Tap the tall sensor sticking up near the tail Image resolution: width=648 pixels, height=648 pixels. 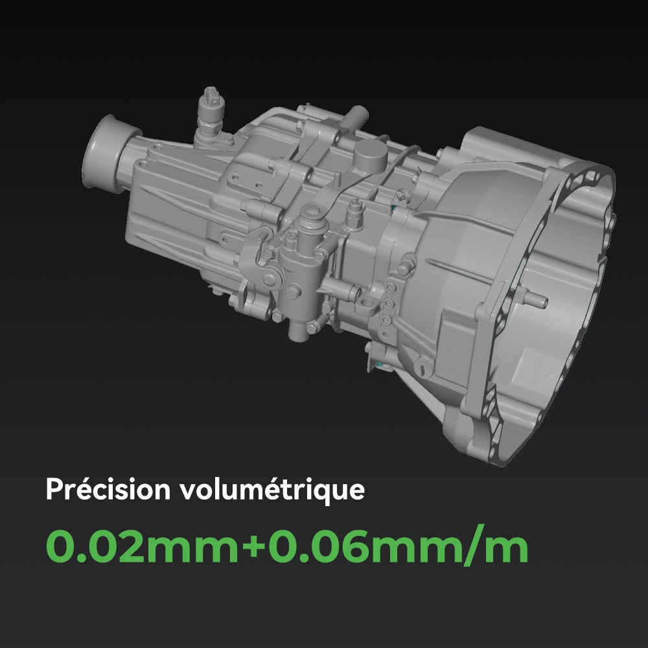click(211, 110)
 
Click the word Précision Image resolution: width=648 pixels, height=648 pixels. click(107, 489)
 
